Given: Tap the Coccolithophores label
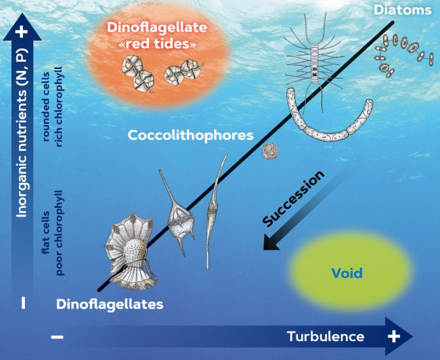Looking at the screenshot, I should click(x=190, y=135).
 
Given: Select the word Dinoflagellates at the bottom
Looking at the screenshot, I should click(x=110, y=304).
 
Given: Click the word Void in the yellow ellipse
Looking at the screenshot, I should click(x=347, y=273).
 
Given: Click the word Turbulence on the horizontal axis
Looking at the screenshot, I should click(x=326, y=336).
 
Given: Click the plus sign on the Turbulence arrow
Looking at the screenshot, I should click(x=393, y=336).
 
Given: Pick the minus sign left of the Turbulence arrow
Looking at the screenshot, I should click(x=58, y=336).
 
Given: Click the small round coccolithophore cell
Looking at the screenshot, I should click(x=271, y=151).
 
